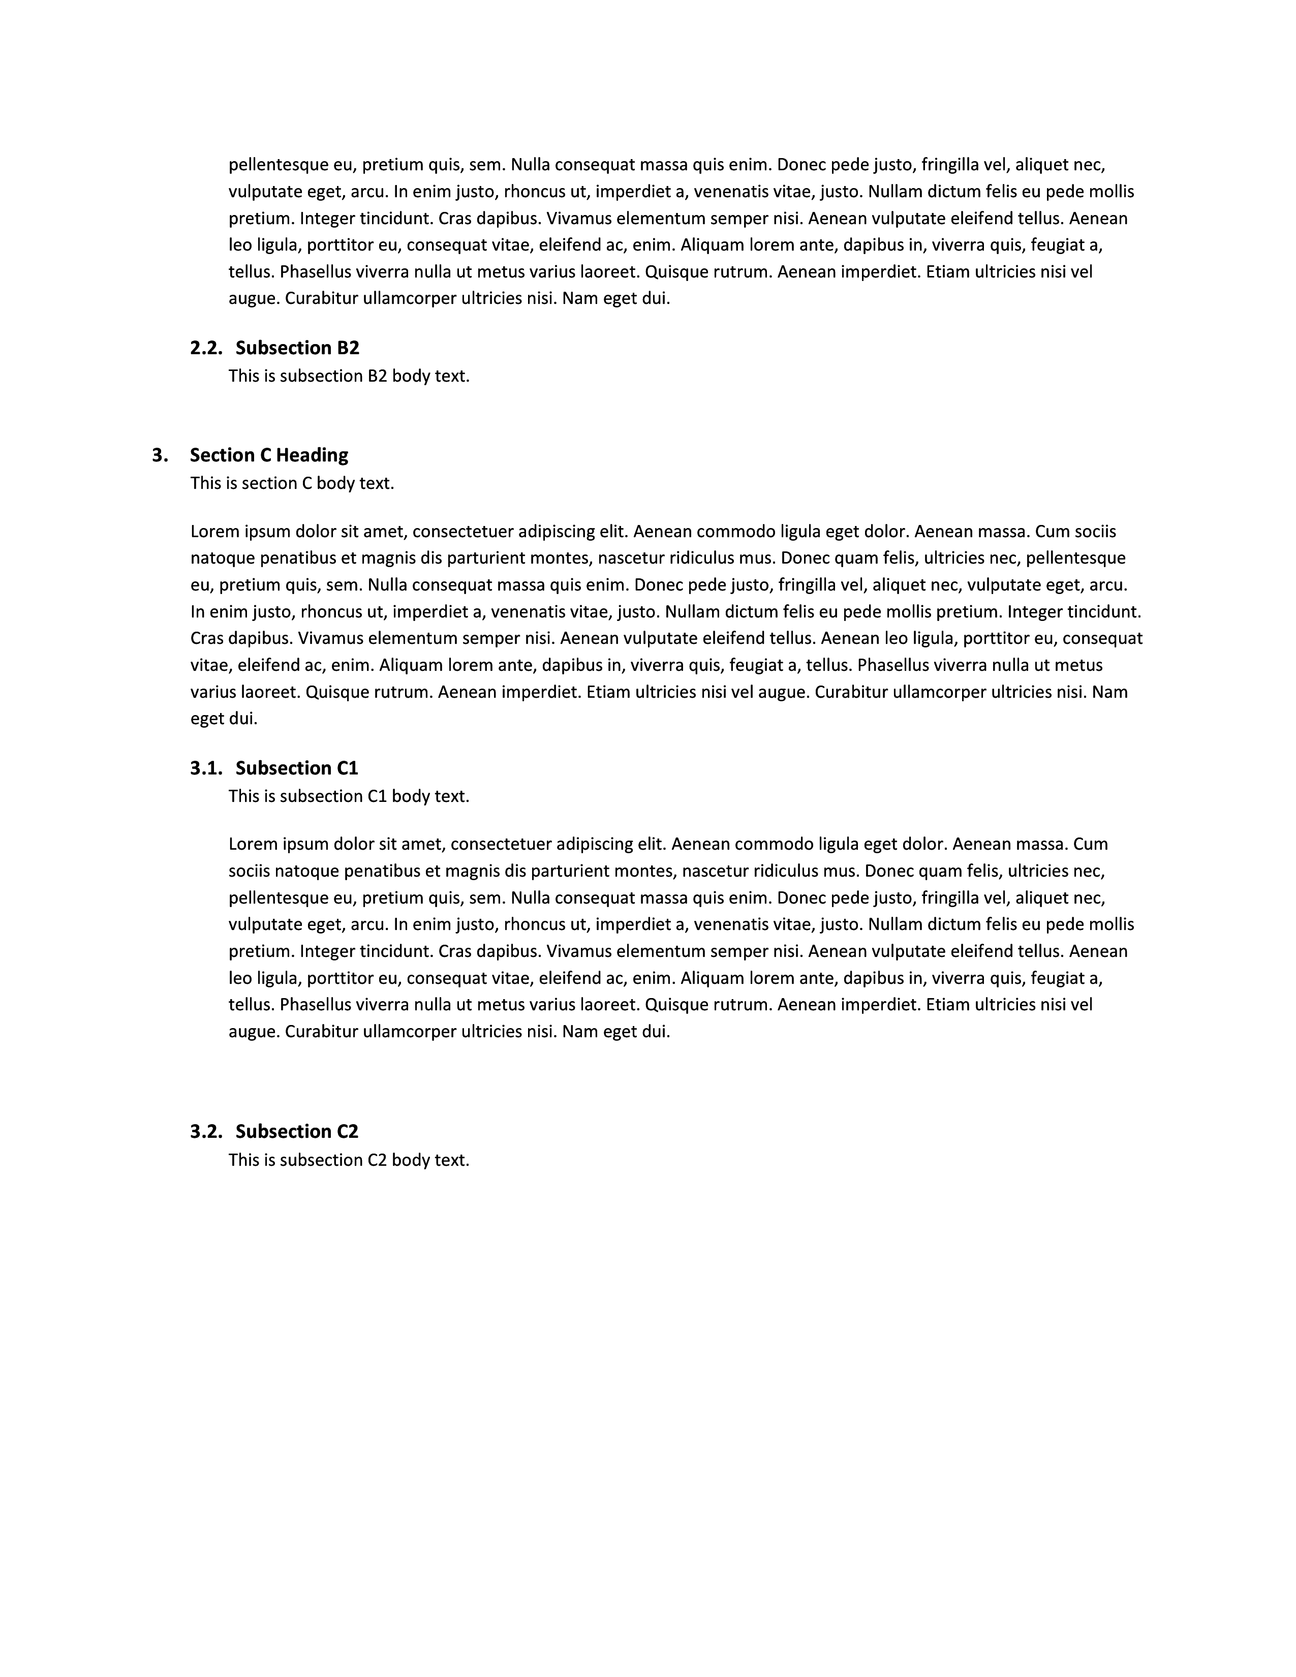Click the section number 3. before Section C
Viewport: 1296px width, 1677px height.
[x=160, y=455]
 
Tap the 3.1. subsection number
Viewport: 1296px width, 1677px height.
[x=206, y=768]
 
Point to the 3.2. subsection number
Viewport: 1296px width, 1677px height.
[x=206, y=1131]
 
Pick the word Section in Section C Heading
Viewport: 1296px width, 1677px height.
[x=220, y=455]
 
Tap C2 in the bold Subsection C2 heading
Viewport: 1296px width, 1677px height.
[x=348, y=1131]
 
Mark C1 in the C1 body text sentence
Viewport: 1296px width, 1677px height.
[x=377, y=796]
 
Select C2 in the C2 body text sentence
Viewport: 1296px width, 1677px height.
[x=377, y=1160]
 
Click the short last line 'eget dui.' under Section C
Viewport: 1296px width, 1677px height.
[x=224, y=719]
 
